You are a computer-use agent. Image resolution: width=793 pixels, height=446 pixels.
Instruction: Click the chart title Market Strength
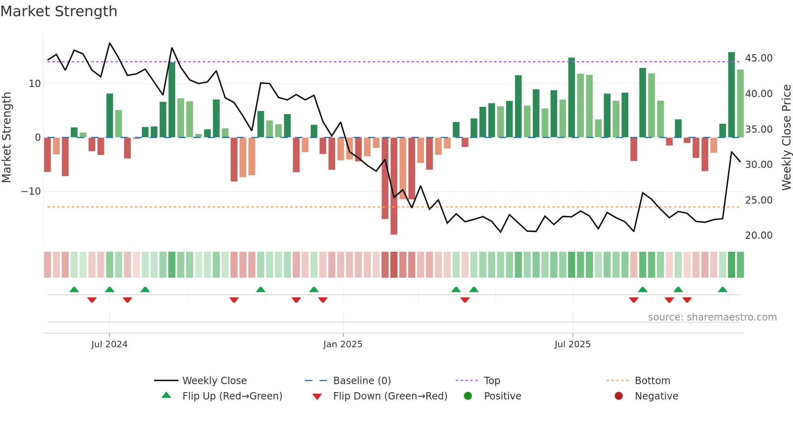coord(59,11)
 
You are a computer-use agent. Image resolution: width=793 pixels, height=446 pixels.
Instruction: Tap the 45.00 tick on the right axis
coord(759,58)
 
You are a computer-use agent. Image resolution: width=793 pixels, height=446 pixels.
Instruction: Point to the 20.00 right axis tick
coord(759,236)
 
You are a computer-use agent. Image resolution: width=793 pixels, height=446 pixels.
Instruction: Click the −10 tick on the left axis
coord(31,191)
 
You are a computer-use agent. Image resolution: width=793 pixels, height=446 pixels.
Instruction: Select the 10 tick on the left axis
coord(35,84)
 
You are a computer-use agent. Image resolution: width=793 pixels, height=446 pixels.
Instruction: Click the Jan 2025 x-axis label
coord(343,344)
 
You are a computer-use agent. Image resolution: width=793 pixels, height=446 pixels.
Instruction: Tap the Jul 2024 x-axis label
coord(109,344)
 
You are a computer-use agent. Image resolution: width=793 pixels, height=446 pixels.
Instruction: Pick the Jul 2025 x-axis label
coord(572,344)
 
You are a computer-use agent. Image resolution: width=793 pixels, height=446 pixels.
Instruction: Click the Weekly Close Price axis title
coord(786,138)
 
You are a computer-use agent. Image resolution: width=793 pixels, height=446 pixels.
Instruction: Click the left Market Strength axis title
coord(6,138)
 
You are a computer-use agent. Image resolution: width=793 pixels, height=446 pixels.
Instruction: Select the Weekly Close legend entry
coord(214,381)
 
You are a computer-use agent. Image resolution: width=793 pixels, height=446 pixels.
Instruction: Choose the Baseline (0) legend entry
coord(362,381)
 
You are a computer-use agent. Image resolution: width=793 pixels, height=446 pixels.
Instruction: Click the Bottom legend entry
coord(652,381)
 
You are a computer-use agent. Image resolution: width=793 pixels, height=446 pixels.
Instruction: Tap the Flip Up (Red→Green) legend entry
coord(232,396)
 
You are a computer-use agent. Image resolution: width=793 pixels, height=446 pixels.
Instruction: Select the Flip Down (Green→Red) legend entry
coord(390,396)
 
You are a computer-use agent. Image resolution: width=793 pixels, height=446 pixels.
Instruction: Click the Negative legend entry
coord(656,396)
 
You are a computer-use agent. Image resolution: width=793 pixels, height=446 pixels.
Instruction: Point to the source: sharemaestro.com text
coord(712,317)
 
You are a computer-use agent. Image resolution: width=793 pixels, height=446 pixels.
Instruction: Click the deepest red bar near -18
coord(394,186)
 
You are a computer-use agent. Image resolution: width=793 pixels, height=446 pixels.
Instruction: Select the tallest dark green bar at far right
coord(732,95)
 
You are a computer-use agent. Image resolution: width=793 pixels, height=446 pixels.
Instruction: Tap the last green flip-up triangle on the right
coord(723,289)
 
